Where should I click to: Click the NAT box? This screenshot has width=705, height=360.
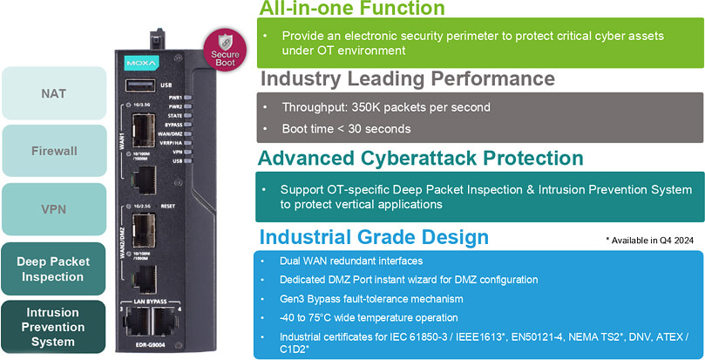pos(53,92)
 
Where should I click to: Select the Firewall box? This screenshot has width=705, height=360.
pos(53,151)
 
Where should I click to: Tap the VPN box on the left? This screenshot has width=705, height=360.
pos(53,209)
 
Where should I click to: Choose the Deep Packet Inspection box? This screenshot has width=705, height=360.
pos(53,269)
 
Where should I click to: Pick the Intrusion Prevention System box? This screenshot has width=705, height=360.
pos(53,327)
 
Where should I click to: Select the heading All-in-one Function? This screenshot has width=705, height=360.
pos(351,9)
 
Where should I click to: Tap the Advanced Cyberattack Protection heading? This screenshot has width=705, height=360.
pos(421,159)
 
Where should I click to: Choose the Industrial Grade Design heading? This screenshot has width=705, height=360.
pos(374,237)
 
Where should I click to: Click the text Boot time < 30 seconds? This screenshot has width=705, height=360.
pos(346,129)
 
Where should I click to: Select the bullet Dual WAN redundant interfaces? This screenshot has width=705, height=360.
pos(349,261)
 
